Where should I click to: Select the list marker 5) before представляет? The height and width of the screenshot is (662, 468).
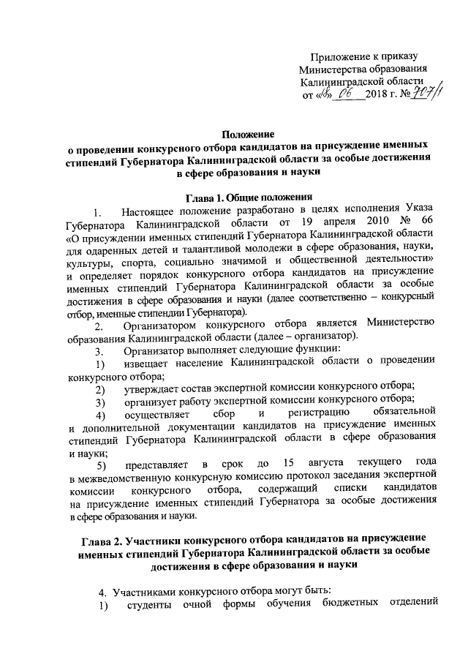(101, 463)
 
